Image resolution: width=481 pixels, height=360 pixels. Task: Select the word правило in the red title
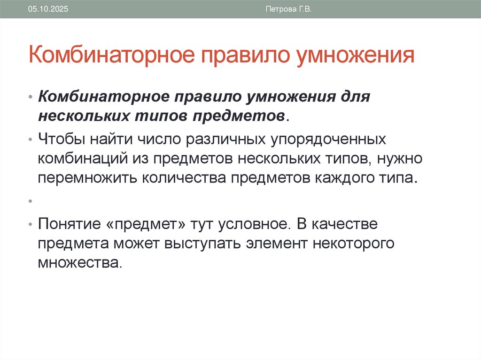pyautogui.click(x=236, y=54)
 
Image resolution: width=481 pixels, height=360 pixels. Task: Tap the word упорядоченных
pyautogui.click(x=328, y=139)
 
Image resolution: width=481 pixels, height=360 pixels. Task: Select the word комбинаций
pyautogui.click(x=79, y=159)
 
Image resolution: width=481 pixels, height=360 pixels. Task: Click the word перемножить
pyautogui.click(x=88, y=178)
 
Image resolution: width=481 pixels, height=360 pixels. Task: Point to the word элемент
pyautogui.click(x=278, y=243)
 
